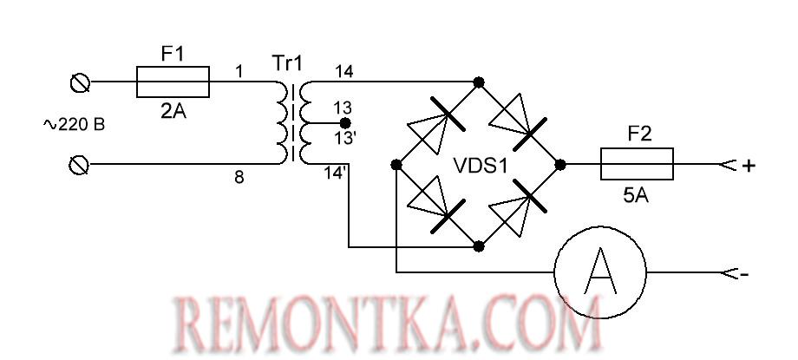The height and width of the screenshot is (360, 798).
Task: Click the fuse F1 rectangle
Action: coord(173,82)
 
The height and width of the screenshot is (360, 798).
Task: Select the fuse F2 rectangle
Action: coord(638,163)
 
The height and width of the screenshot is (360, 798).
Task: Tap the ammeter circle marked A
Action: coord(600,272)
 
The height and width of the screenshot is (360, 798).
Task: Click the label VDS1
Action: coord(479,164)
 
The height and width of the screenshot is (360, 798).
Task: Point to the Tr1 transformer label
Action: coord(289,63)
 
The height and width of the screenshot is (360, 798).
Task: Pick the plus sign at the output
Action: coord(749,165)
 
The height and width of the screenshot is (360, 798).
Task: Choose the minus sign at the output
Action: coord(745,274)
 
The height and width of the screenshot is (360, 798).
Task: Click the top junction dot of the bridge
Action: coord(478,82)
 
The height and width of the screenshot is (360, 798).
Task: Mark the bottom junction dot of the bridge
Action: coord(478,246)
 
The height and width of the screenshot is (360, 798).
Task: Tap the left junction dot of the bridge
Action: coord(396,164)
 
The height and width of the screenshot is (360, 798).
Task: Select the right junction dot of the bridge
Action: coord(560,164)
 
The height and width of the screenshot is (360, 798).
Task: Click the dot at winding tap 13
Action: coord(345,123)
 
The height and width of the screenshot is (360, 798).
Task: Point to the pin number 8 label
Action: coord(239,178)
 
